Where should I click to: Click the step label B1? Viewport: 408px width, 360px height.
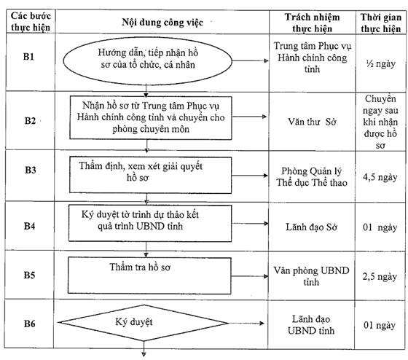coord(29,57)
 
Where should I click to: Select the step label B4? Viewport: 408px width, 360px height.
coord(30,226)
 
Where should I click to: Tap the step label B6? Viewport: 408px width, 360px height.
coord(30,324)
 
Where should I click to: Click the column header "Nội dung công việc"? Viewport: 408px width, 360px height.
coord(162,23)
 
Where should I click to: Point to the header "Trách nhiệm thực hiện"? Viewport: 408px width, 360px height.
coord(312,23)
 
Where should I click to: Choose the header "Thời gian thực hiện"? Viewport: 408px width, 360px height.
coord(380,23)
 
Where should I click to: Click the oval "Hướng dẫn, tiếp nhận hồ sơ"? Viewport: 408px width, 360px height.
coord(147,61)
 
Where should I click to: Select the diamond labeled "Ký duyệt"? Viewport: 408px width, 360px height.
coord(144,323)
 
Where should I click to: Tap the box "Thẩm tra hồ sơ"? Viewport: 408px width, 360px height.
coord(149,275)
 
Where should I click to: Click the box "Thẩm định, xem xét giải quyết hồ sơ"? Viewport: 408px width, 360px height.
coord(150,175)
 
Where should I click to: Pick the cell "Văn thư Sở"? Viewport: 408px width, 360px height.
coord(312,122)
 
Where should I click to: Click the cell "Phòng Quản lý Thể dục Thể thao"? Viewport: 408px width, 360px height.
coord(312,177)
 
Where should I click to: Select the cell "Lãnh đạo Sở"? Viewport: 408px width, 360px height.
coord(312,227)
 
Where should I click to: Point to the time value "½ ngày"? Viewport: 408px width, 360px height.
coord(380,64)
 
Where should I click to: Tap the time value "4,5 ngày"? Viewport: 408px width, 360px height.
coord(380,177)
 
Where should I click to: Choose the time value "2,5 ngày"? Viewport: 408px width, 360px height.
coord(380,276)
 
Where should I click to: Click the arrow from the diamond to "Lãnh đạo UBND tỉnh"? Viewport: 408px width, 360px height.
coord(246,324)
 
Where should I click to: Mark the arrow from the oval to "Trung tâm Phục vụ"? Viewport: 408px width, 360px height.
coord(250,61)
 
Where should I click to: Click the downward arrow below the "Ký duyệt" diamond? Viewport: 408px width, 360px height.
coord(144,348)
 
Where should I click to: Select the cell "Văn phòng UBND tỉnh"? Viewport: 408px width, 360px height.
coord(311,276)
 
